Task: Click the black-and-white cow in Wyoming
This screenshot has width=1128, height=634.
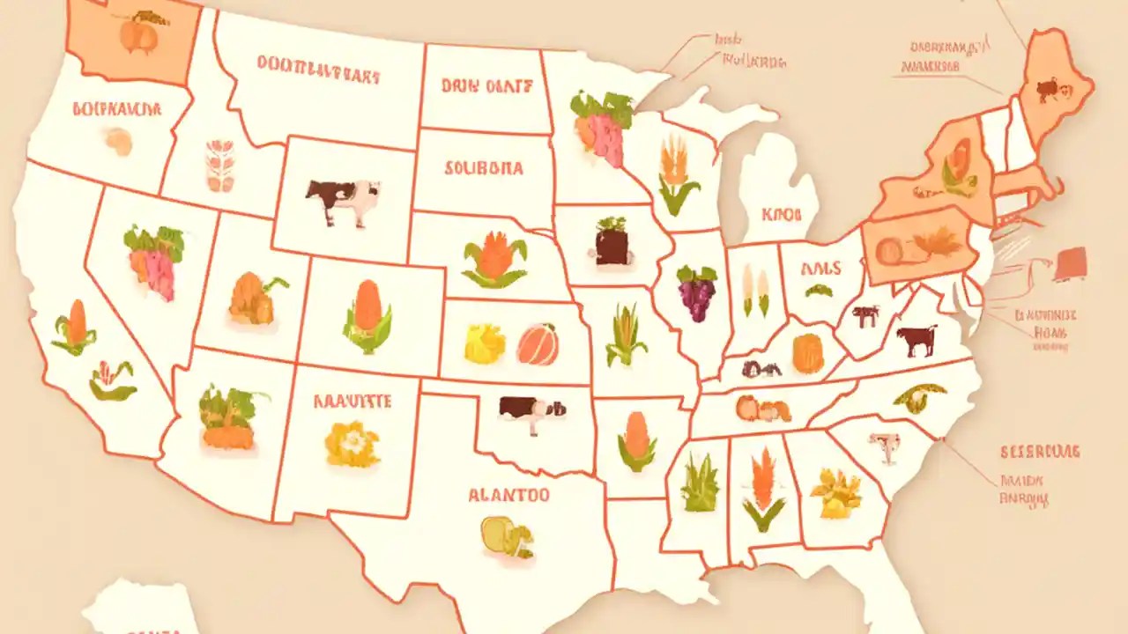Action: (x=342, y=201)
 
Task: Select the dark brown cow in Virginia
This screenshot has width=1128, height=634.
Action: (x=916, y=340)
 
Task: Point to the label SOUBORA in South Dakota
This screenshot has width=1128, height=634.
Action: (x=484, y=167)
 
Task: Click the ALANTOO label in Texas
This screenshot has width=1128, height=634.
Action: (x=508, y=495)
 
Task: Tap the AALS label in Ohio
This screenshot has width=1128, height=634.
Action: (x=820, y=269)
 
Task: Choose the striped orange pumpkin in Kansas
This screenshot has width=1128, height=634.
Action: (x=538, y=344)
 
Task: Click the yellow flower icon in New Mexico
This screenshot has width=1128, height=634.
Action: (x=352, y=443)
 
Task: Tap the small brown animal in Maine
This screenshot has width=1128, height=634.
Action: (x=1050, y=88)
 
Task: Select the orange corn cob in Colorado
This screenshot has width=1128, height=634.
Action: (x=367, y=316)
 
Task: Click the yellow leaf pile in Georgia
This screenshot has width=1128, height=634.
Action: (x=835, y=492)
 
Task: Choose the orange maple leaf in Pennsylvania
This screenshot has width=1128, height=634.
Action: (x=936, y=241)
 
